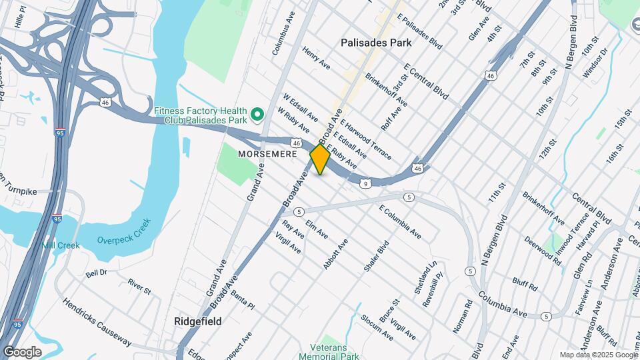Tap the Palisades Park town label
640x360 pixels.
click(376, 43)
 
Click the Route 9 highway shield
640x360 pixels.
click(366, 183)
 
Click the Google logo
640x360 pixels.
click(22, 352)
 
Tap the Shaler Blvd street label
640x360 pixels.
click(376, 256)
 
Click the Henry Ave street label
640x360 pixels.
click(316, 58)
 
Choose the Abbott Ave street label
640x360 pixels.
click(335, 254)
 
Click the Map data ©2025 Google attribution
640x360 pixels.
click(598, 355)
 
